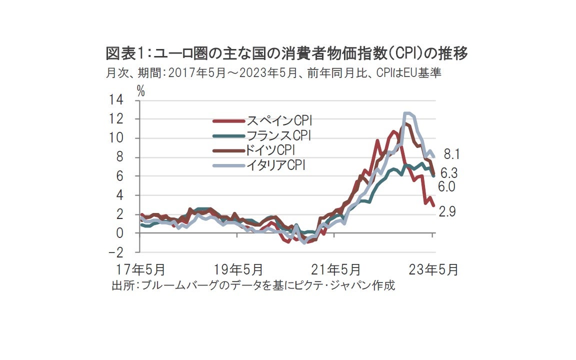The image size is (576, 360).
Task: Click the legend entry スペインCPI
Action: (x=280, y=120)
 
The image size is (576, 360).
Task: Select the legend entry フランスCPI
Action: (x=280, y=135)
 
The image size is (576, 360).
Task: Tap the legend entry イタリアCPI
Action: (x=276, y=165)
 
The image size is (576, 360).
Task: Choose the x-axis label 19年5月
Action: (x=238, y=270)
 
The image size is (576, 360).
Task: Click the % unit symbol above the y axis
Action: (x=141, y=91)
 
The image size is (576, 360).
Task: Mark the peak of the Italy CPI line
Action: (x=407, y=113)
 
